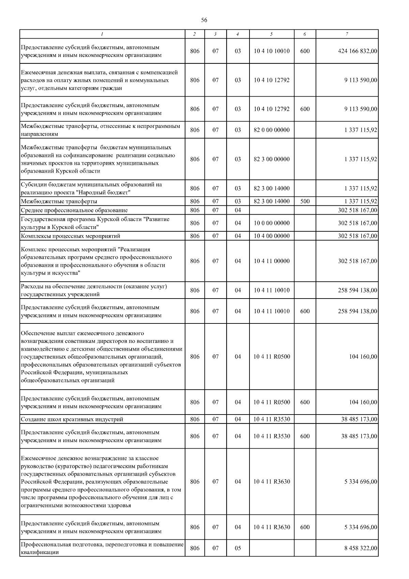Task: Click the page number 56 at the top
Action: coord(204,20)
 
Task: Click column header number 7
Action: coord(347,34)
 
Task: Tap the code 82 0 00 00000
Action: coord(272,130)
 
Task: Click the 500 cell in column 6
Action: coord(305,201)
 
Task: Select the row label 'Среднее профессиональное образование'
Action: coord(74,210)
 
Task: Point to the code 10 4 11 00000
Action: coord(272,261)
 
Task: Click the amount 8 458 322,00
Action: coord(361,548)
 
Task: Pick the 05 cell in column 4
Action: coord(238,548)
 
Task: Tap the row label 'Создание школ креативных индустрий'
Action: coord(72,419)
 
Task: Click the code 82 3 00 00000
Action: coord(272,159)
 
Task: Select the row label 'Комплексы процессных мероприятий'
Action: coord(71,236)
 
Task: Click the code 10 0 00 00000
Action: coord(272,223)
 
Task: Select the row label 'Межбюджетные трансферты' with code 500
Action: coord(59,201)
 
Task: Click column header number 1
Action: coord(102,34)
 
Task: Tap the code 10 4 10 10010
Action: coord(272,51)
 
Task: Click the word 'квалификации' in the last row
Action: coord(40,552)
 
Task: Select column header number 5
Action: coord(271,34)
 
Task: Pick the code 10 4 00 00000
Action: coord(272,236)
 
